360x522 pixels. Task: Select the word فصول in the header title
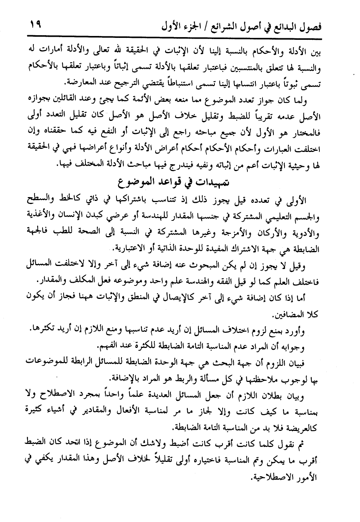click(309, 28)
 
